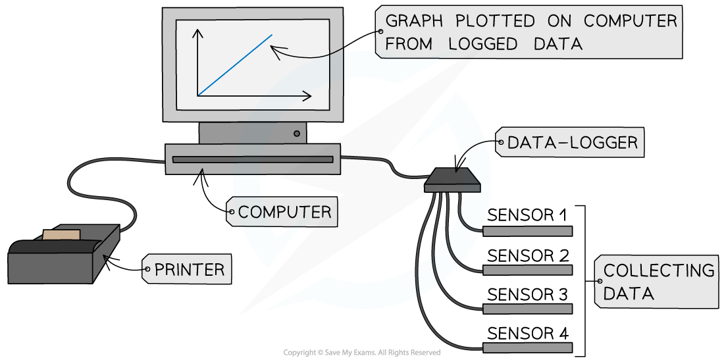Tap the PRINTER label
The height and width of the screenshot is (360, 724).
click(190, 269)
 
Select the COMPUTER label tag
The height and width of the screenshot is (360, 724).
click(284, 212)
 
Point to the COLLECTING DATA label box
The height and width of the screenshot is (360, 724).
click(656, 282)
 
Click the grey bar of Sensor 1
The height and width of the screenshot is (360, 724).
click(527, 231)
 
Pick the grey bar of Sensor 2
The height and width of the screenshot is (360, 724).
click(527, 270)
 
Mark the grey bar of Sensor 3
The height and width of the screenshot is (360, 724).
click(527, 308)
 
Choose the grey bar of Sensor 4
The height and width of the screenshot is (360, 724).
click(527, 347)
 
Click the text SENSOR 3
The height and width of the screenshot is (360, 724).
click(527, 294)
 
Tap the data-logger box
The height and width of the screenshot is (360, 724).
click(452, 179)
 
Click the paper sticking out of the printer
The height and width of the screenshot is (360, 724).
click(61, 234)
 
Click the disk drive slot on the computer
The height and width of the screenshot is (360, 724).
click(253, 160)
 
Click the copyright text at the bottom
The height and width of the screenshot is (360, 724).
click(361, 353)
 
